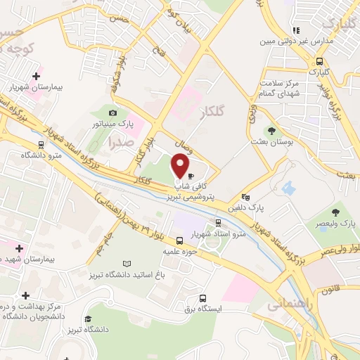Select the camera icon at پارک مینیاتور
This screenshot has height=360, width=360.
click(x=112, y=112)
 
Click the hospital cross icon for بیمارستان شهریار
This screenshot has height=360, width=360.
click(x=36, y=75)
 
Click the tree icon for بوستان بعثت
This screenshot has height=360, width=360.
click(x=270, y=131)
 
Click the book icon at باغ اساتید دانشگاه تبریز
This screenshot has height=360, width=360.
click(x=127, y=264)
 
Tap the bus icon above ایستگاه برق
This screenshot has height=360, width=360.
click(x=202, y=298)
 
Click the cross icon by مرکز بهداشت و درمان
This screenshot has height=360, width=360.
click(x=26, y=295)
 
